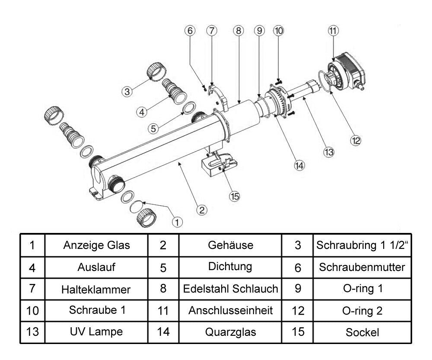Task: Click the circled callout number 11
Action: (333, 30)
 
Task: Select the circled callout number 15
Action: (234, 196)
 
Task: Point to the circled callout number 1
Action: (177, 222)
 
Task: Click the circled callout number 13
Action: (330, 152)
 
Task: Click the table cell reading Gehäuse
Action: (230, 245)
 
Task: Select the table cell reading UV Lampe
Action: (96, 332)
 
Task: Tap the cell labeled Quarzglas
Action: (230, 332)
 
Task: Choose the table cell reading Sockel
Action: (362, 332)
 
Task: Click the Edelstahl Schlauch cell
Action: (230, 289)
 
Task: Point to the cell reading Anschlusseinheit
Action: (230, 310)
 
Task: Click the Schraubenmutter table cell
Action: (362, 267)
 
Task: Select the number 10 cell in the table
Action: (33, 310)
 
